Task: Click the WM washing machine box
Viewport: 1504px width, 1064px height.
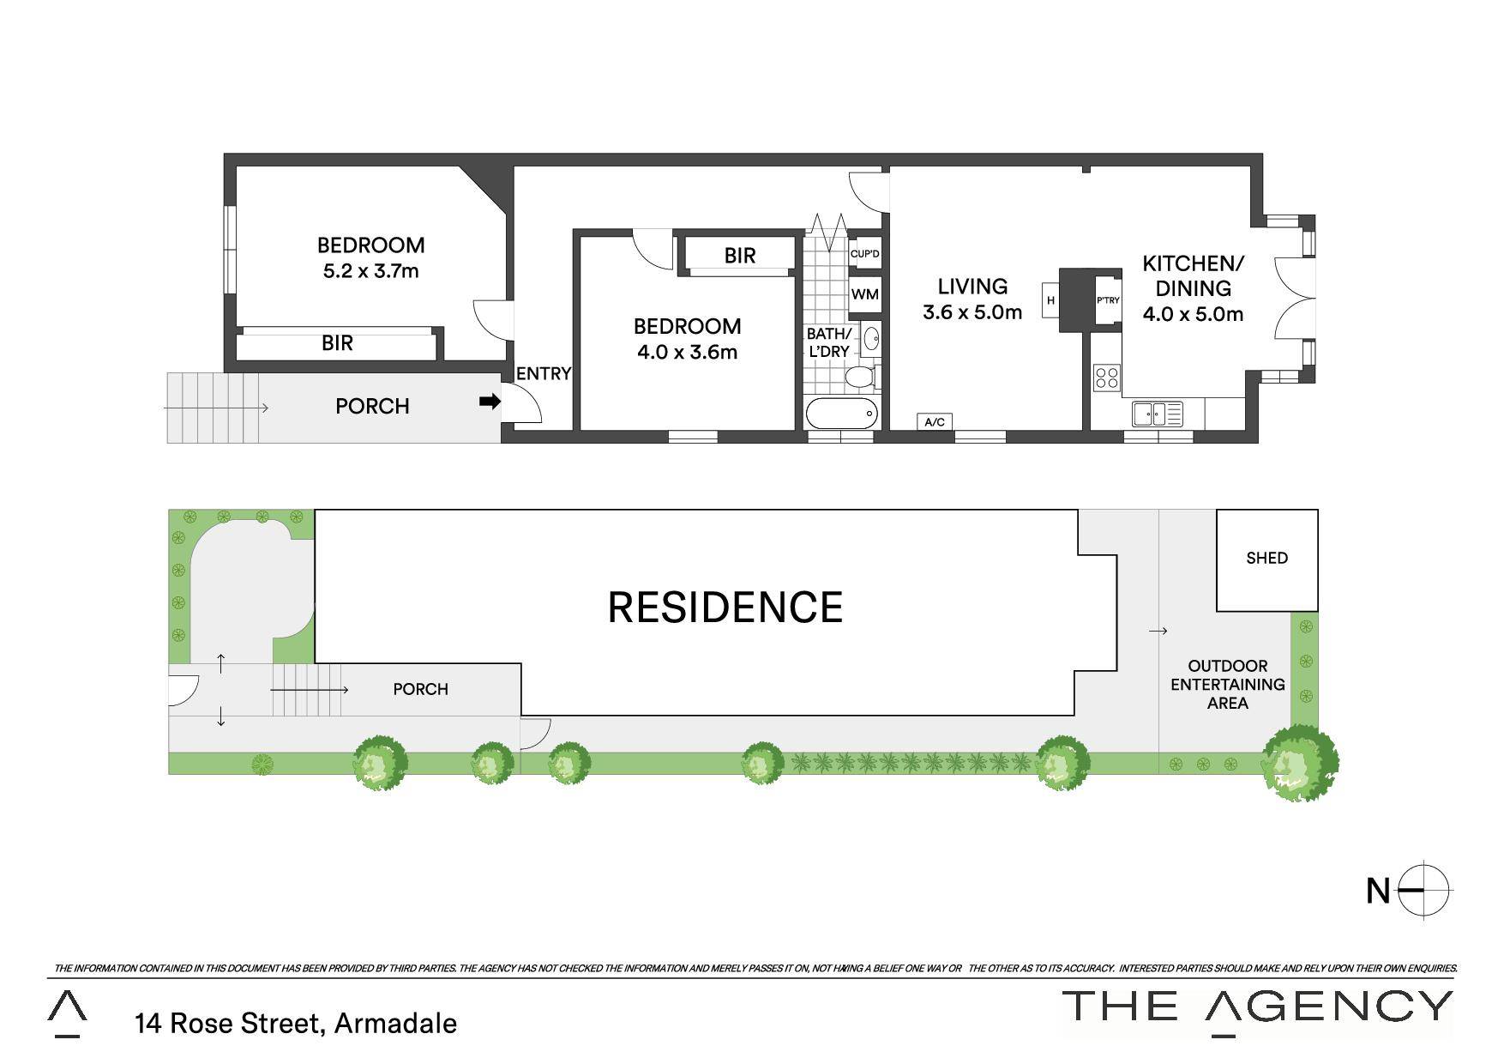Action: point(864,294)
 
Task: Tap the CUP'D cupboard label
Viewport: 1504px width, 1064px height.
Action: point(864,254)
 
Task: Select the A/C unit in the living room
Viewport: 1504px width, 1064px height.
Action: point(935,421)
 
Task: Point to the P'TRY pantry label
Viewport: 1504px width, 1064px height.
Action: point(1108,300)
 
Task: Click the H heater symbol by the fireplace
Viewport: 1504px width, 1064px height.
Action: point(1050,300)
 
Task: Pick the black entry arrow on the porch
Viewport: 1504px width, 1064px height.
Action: point(490,401)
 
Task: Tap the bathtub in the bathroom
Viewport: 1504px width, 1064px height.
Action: point(842,414)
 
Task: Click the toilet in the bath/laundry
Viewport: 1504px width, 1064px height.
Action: point(859,378)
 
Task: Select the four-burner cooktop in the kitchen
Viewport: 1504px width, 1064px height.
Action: point(1107,378)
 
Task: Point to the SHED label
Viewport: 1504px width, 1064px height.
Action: point(1266,558)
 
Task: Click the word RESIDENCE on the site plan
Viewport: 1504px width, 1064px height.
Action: point(725,608)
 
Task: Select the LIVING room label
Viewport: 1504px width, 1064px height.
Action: point(972,286)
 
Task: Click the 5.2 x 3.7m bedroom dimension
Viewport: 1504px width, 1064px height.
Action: point(370,271)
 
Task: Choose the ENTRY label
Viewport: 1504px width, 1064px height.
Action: point(544,373)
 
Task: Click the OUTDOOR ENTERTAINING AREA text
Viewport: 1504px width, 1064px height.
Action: point(1228,684)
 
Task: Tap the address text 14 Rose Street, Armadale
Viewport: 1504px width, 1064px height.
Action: point(296,1023)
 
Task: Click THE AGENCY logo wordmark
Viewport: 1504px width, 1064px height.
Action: point(1258,1007)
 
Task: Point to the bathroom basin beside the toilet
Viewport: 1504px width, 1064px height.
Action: point(871,338)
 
